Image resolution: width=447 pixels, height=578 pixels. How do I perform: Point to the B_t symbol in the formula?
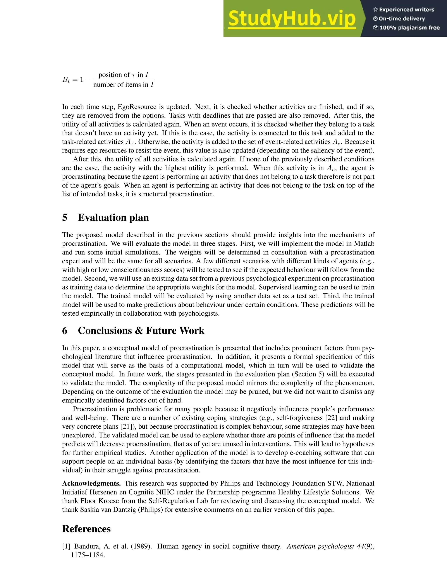(x=66, y=80)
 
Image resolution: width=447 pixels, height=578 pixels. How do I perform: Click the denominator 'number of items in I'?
(x=123, y=85)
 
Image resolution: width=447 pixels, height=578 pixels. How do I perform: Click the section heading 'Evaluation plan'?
(x=113, y=217)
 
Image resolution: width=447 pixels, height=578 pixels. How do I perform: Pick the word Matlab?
(x=364, y=243)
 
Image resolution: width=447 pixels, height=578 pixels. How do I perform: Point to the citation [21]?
(x=127, y=427)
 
